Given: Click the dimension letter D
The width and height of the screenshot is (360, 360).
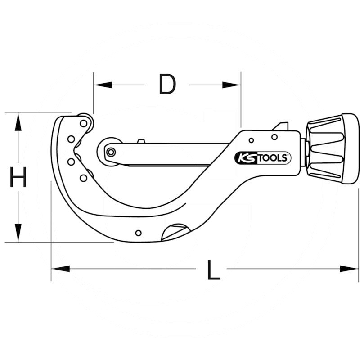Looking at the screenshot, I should (x=167, y=85).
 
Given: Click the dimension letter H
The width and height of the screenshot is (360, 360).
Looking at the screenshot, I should (x=18, y=177).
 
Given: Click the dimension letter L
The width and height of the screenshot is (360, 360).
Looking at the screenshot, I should (x=213, y=270).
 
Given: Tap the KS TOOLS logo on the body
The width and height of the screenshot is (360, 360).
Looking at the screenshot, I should (x=263, y=158).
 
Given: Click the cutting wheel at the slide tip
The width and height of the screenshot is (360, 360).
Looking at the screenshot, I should (x=110, y=152).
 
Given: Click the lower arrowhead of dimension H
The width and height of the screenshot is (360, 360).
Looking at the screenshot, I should (x=18, y=233).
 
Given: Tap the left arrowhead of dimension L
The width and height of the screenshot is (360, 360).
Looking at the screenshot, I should (x=60, y=269).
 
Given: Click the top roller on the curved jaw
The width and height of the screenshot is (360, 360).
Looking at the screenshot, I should (x=84, y=123).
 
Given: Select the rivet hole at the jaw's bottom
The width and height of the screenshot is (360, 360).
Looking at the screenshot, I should (x=139, y=233).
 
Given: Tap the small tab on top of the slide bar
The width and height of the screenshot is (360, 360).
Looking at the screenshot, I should (x=141, y=141).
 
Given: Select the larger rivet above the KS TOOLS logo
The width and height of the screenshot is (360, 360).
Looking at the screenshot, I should (x=274, y=137).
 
